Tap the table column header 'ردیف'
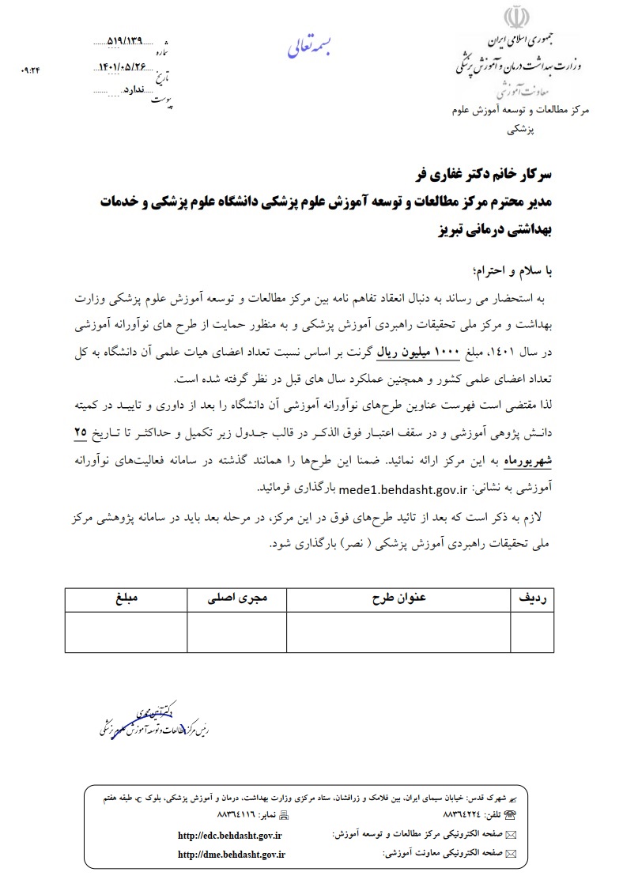pyautogui.click(x=532, y=599)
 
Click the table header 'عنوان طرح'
pyautogui.click(x=398, y=599)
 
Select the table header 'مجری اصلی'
pyautogui.click(x=237, y=599)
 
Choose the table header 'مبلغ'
pyautogui.click(x=126, y=599)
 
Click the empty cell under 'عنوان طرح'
pyautogui.click(x=398, y=632)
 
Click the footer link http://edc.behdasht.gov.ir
pyautogui.click(x=230, y=835)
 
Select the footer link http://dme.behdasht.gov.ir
pyautogui.click(x=232, y=854)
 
